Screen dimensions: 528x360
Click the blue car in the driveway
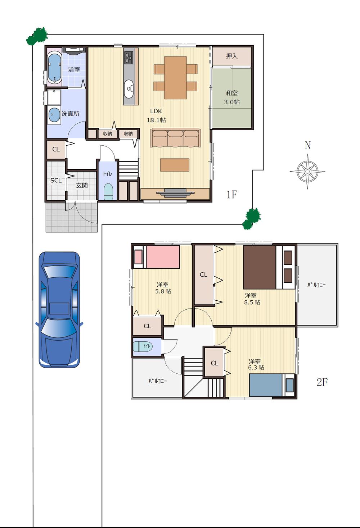(59, 310)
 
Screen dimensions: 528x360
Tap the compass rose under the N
(307, 171)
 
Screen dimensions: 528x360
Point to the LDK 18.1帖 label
(156, 115)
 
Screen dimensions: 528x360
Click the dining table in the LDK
(175, 77)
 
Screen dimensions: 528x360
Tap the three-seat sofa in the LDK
(175, 137)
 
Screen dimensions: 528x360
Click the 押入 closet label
(231, 56)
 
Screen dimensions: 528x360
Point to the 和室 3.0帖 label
(231, 97)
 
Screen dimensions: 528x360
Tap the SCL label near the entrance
(56, 180)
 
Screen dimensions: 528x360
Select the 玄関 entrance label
(82, 185)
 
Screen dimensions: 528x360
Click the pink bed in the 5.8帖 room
(157, 257)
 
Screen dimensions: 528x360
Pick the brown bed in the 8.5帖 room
(260, 267)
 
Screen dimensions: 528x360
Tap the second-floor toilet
(142, 346)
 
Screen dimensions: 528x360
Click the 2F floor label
(322, 382)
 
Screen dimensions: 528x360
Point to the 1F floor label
(232, 195)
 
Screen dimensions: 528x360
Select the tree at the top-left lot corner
(37, 36)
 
